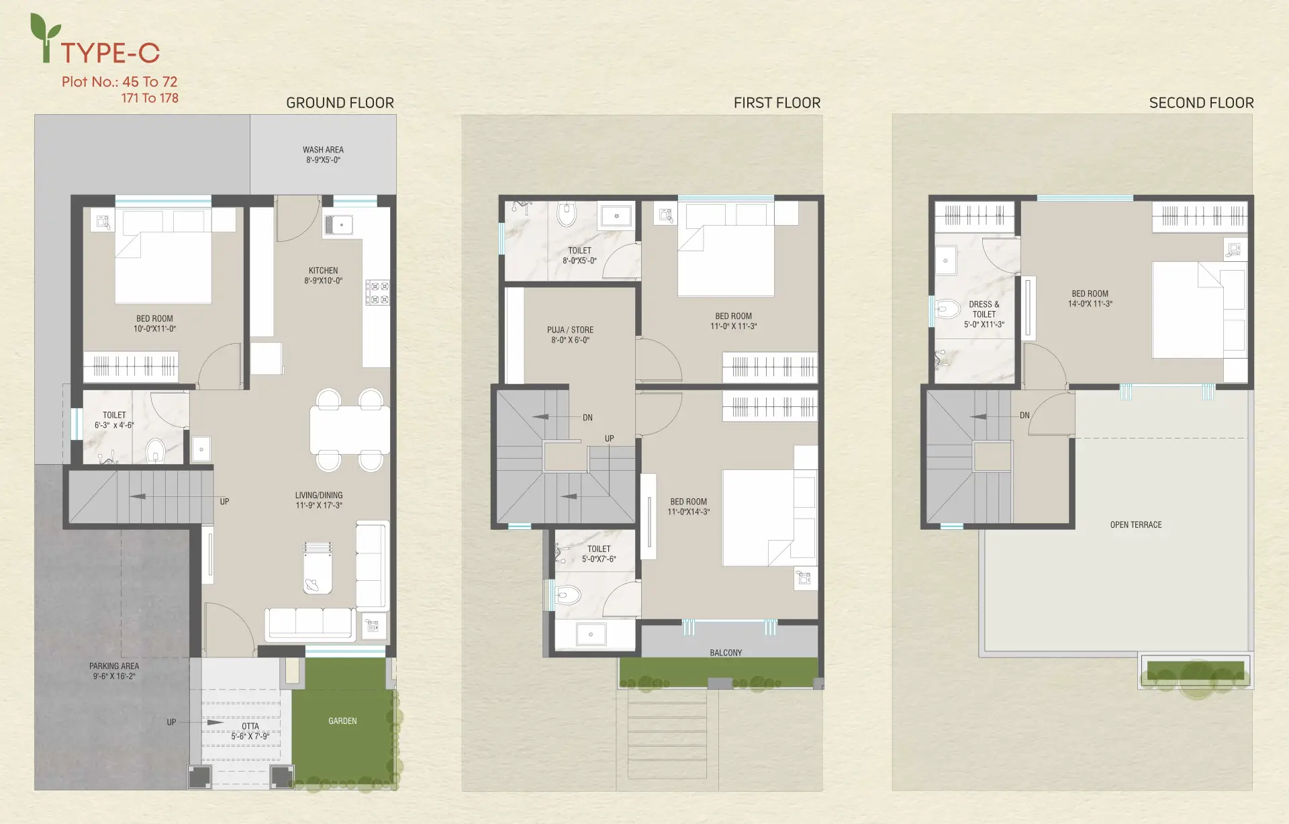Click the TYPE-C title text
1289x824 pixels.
click(x=110, y=52)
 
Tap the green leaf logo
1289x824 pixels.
click(x=45, y=38)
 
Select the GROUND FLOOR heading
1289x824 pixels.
click(x=340, y=103)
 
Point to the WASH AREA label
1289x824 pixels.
click(x=323, y=150)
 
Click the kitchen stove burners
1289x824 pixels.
click(x=377, y=292)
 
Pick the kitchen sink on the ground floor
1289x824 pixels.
click(x=339, y=224)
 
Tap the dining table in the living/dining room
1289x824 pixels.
click(x=350, y=430)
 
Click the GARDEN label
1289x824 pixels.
click(x=342, y=721)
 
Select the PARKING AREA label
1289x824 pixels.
click(x=114, y=666)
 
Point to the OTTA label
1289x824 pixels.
click(x=250, y=726)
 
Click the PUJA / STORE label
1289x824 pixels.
click(x=570, y=330)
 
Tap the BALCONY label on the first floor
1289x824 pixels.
click(x=726, y=653)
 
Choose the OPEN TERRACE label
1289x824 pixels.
click(x=1136, y=524)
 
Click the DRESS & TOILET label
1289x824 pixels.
click(x=984, y=309)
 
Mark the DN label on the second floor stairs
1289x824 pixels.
click(x=1024, y=415)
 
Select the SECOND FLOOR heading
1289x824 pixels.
click(x=1201, y=103)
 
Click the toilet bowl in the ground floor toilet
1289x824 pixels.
click(x=156, y=451)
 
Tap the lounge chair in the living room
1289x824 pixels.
click(x=318, y=567)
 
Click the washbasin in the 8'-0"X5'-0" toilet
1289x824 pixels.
click(x=616, y=216)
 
